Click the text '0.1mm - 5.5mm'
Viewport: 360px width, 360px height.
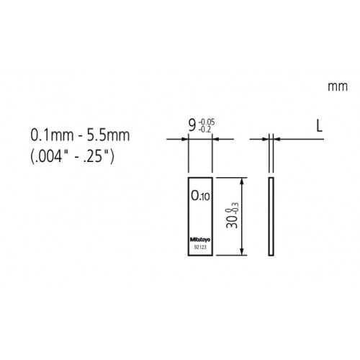[73, 134]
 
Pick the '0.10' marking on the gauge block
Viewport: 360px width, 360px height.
[200, 195]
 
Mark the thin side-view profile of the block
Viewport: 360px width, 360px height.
[271, 217]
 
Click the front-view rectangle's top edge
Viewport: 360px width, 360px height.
[200, 176]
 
